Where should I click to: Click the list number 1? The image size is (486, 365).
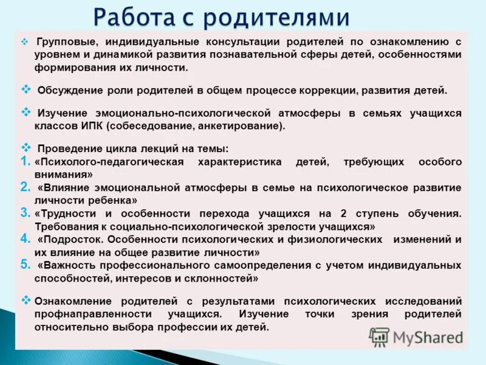(x=25, y=161)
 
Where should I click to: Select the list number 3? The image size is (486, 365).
(x=25, y=212)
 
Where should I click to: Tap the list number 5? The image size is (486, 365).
(x=25, y=265)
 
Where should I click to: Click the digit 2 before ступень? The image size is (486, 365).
(x=344, y=214)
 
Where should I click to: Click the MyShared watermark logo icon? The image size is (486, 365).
(x=379, y=336)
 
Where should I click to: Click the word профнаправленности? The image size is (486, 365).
(x=92, y=315)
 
